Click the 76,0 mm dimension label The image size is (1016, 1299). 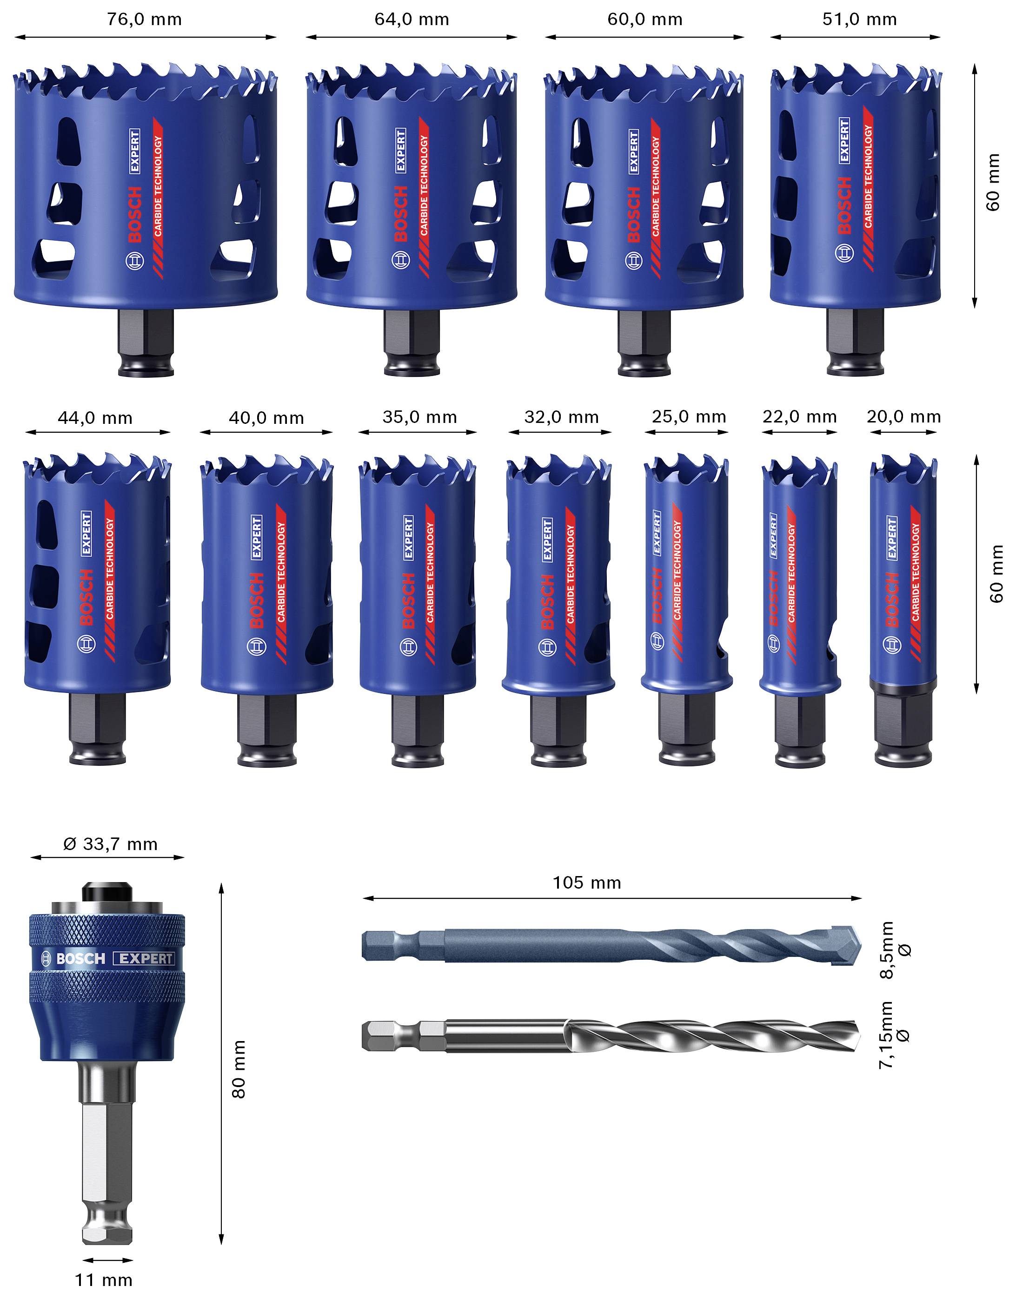(145, 19)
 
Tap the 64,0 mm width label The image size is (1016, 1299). (412, 19)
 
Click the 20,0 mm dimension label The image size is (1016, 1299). (903, 416)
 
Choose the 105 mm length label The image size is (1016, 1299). (587, 882)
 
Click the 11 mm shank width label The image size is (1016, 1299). (104, 1279)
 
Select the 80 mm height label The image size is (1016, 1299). (238, 1069)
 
